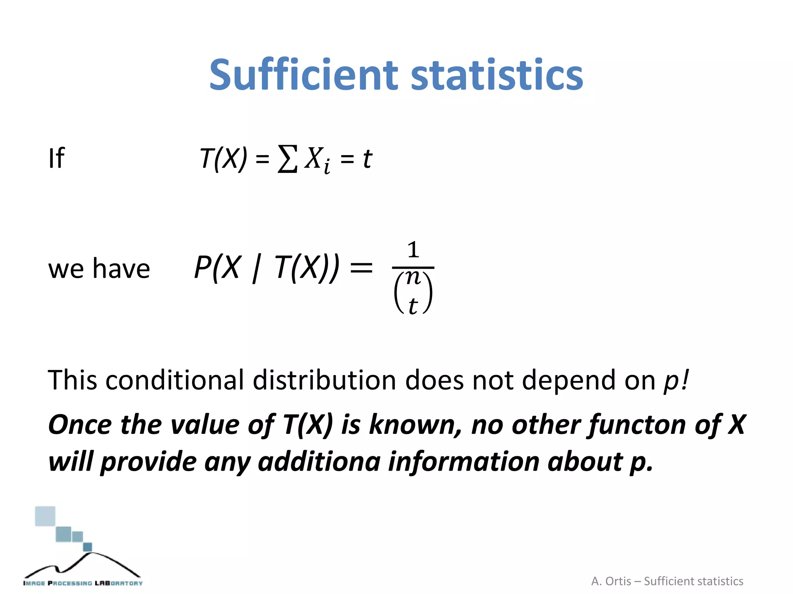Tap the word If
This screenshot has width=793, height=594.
[57, 158]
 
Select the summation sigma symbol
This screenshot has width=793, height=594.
[288, 159]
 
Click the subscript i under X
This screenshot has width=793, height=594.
[327, 167]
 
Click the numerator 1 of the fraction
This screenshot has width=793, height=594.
[413, 250]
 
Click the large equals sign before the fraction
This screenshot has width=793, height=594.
[361, 268]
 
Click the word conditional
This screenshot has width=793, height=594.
[175, 380]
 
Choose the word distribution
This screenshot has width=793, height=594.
[324, 380]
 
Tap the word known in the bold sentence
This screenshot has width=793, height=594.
[415, 425]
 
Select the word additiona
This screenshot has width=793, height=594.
[319, 462]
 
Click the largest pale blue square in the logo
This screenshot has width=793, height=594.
[45, 516]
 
